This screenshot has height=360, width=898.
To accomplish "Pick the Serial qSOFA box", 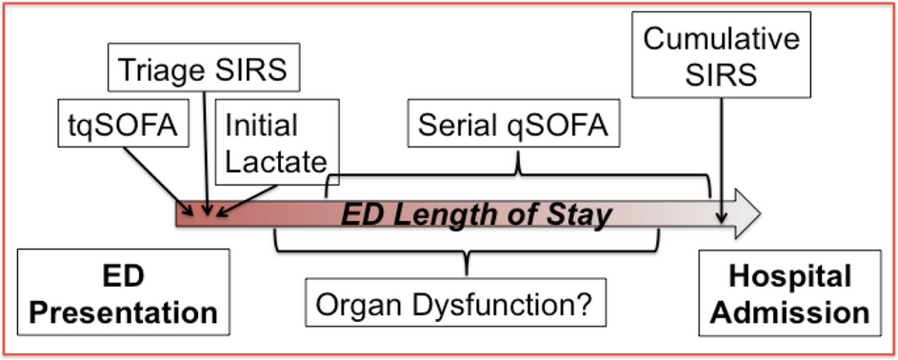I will (518, 125).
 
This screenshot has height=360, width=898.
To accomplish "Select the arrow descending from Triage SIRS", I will (206, 152).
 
